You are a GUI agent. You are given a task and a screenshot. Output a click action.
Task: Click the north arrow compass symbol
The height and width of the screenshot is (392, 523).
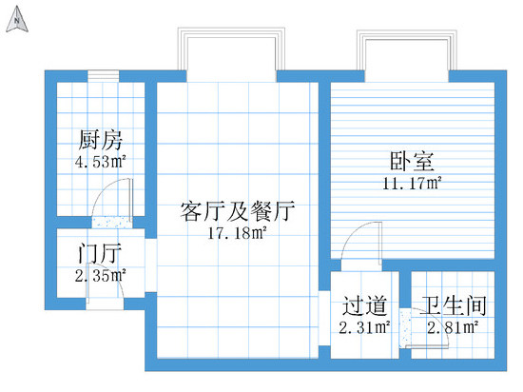click(x=17, y=20)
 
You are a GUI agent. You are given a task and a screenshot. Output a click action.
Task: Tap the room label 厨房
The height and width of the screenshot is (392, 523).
click(x=101, y=140)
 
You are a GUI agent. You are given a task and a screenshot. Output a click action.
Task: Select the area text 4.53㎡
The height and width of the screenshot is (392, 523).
click(x=101, y=162)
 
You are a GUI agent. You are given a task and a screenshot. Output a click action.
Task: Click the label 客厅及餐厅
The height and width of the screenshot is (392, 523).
click(x=238, y=211)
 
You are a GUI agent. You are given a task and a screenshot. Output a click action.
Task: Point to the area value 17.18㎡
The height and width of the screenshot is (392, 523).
click(x=238, y=232)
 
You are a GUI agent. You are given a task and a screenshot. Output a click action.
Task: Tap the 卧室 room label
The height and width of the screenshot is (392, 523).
click(x=413, y=162)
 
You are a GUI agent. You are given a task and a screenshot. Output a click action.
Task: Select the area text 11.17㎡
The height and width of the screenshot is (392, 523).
click(x=413, y=184)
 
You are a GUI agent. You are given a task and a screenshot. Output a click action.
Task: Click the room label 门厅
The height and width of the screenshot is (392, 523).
click(x=99, y=253)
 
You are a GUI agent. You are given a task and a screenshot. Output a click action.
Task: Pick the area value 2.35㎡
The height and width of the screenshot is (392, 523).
click(x=101, y=276)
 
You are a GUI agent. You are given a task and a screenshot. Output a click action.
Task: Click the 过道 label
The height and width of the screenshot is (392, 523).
click(x=364, y=305)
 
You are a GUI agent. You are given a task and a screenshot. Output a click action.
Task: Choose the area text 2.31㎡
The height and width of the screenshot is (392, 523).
click(x=364, y=327)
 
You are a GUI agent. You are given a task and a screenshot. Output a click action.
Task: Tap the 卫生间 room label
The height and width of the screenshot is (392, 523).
click(x=453, y=305)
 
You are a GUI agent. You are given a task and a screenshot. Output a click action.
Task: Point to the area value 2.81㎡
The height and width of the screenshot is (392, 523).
click(x=453, y=327)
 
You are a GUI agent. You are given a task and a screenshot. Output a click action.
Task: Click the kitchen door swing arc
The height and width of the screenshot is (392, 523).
click(x=102, y=190)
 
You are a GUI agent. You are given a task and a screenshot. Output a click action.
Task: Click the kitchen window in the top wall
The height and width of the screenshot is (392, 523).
click(x=104, y=76)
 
